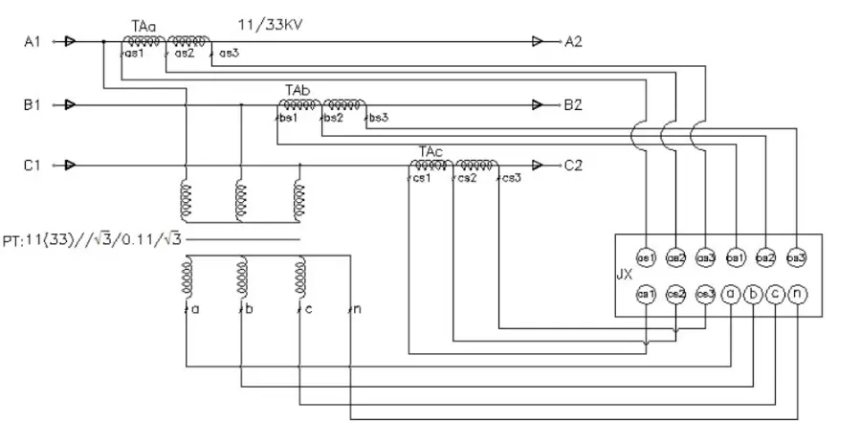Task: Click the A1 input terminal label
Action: (33, 42)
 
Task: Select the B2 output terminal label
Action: (573, 104)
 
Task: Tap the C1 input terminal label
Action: (33, 166)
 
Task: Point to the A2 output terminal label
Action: (573, 42)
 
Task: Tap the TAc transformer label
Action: (430, 151)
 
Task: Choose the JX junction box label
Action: (624, 274)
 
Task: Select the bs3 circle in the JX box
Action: (796, 258)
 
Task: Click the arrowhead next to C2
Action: (538, 166)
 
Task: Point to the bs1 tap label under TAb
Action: (288, 118)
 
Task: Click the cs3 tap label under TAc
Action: (510, 179)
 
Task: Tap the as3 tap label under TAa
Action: (228, 55)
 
